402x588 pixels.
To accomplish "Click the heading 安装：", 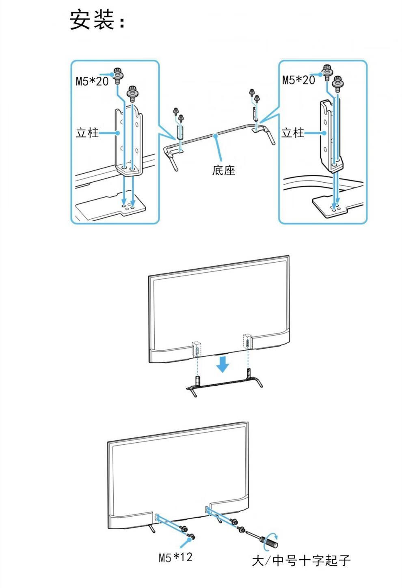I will [x=97, y=20].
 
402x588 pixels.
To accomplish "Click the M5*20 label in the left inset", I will [x=92, y=81].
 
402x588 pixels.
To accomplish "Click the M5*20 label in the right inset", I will [x=298, y=80].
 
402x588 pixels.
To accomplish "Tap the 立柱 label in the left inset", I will [x=87, y=133].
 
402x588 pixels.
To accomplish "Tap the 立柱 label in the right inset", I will [x=292, y=132].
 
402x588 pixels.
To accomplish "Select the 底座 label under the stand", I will [x=223, y=170].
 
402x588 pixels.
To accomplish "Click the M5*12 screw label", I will [x=175, y=557].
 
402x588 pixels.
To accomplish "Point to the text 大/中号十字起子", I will [x=301, y=560].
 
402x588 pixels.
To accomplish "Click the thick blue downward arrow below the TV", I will [x=223, y=364].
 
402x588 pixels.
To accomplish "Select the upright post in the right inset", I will [x=331, y=136].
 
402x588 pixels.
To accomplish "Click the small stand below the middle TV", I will [x=223, y=383].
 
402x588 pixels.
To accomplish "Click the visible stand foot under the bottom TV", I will [x=152, y=528].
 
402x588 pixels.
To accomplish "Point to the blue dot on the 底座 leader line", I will [x=216, y=135].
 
